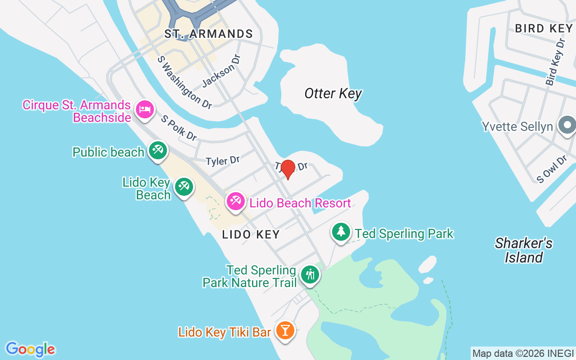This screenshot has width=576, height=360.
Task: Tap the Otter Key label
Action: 333,94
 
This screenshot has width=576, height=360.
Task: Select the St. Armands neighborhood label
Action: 208,34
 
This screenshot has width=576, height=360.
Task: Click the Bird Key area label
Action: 544,28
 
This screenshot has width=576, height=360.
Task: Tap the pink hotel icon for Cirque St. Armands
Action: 145,109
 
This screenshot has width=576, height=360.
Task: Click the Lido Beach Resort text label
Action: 300,203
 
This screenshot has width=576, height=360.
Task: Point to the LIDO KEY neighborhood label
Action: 251,234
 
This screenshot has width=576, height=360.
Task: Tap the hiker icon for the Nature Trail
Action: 310,274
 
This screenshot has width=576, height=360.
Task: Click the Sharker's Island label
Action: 523,250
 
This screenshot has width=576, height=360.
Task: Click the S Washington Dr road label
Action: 184,82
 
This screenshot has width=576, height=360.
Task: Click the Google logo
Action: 30,349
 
